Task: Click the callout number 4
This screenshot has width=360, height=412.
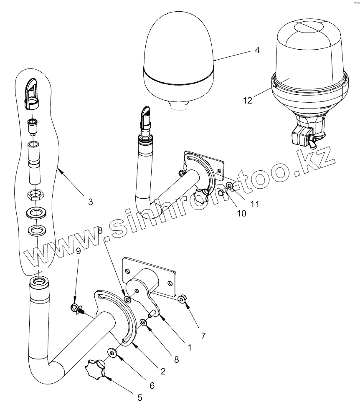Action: click(x=257, y=50)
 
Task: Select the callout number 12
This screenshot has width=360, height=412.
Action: click(x=247, y=101)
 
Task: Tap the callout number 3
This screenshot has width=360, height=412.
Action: click(x=90, y=202)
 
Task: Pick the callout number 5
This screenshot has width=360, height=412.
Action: click(x=139, y=397)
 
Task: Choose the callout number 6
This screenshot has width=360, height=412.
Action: click(x=152, y=386)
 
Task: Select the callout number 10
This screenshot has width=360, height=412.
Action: click(x=241, y=213)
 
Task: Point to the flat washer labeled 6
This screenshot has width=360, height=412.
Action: click(x=113, y=353)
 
